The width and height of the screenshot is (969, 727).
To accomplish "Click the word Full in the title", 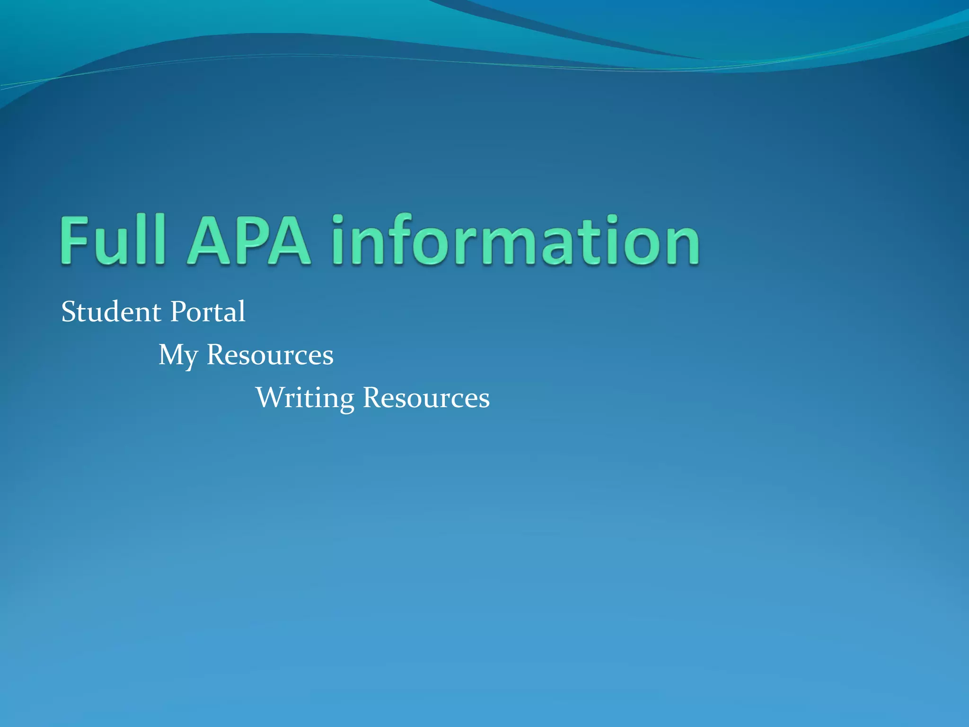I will (113, 239).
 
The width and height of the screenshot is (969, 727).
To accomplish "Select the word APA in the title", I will (249, 240).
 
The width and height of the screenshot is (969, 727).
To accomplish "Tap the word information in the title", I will (515, 239).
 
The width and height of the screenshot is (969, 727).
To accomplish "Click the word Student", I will (111, 312).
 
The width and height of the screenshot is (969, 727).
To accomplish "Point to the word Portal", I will (208, 312).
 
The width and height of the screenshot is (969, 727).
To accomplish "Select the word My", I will (178, 355).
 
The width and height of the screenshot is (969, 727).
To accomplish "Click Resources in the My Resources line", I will (270, 355).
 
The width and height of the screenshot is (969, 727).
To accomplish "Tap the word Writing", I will (305, 398).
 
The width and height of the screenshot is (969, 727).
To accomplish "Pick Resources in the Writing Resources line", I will (426, 398).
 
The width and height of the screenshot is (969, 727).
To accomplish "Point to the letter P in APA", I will (249, 240).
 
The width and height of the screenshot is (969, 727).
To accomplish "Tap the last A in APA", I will (289, 240).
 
